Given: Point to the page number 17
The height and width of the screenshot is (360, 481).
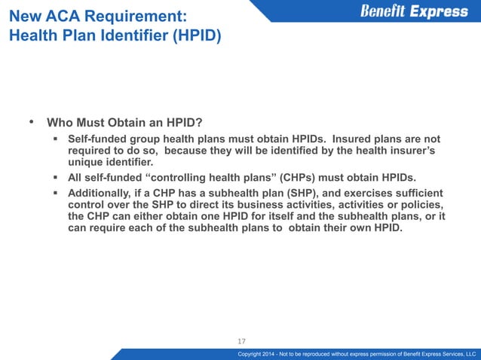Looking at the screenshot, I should click(242, 339).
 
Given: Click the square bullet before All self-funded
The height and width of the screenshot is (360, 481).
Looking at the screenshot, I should click(57, 177).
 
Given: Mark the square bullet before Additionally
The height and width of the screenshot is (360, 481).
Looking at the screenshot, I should click(57, 193).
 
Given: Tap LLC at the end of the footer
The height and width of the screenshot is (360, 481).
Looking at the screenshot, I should click(470, 354).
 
